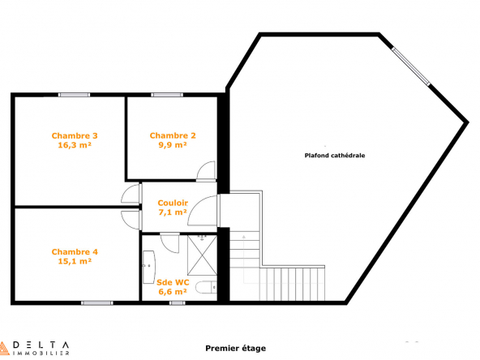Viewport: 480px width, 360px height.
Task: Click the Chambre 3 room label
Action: pos(75,135)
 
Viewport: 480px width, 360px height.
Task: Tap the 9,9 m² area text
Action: pos(173,145)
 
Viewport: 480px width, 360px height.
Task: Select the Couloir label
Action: pos(173,203)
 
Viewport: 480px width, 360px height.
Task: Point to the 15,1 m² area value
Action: pos(75,261)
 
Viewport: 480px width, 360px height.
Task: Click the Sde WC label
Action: pos(173,282)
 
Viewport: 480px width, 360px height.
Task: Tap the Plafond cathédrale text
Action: pos(335,156)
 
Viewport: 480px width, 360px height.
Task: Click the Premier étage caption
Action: pos(235,348)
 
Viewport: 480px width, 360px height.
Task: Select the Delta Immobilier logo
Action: pos(34,349)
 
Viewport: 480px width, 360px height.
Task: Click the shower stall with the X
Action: pos(202,255)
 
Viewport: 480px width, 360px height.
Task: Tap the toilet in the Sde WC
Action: pos(206,288)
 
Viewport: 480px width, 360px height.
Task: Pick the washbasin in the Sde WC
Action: pos(148,267)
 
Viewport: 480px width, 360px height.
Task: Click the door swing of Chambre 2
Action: pos(206,171)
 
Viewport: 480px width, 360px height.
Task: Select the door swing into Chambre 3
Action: pos(131,194)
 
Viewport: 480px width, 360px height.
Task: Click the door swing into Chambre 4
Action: pos(131,220)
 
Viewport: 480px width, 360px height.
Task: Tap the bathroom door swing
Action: pos(169,243)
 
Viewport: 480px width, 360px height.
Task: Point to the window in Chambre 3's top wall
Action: pos(75,95)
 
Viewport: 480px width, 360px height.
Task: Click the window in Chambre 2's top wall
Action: pos(167,95)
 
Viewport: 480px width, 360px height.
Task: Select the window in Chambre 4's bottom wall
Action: pos(97,303)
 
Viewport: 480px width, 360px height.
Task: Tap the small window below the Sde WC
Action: pos(178,303)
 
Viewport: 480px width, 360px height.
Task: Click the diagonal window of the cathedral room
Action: pos(411,66)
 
